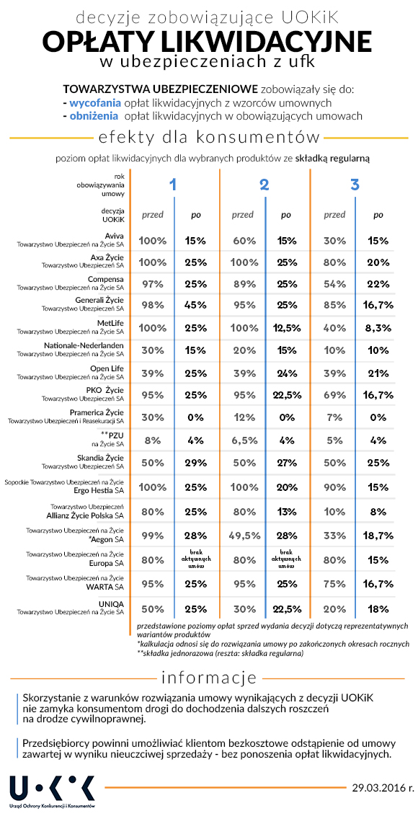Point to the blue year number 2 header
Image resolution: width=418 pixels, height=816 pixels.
264,185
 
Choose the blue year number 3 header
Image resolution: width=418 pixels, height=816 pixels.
355,185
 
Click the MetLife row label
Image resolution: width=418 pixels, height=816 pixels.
71,327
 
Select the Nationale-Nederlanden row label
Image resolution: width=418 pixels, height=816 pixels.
71,349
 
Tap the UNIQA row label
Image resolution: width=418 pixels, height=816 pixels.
71,608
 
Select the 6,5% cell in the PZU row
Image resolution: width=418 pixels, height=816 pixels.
243,440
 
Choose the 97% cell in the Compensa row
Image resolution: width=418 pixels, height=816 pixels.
153,284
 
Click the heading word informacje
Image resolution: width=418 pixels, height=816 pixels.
209,678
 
